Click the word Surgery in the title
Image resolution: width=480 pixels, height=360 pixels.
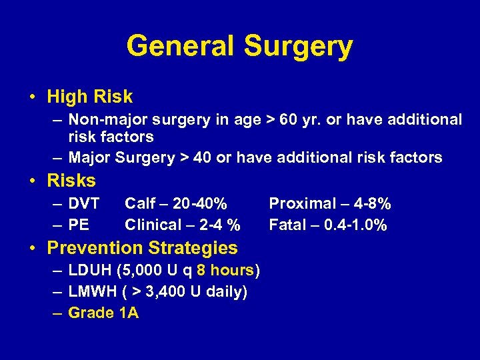298,47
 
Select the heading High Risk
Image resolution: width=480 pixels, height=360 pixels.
90,97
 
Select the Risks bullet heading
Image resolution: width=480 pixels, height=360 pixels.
71,181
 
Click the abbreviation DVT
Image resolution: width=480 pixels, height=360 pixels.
84,203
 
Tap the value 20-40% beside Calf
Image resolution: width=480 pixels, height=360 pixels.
199,203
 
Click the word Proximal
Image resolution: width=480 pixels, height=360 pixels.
300,203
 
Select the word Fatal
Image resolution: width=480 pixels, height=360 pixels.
287,225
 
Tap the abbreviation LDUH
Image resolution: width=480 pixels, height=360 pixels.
90,270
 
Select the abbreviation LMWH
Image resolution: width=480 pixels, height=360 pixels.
91,291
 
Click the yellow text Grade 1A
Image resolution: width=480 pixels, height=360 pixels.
103,313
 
